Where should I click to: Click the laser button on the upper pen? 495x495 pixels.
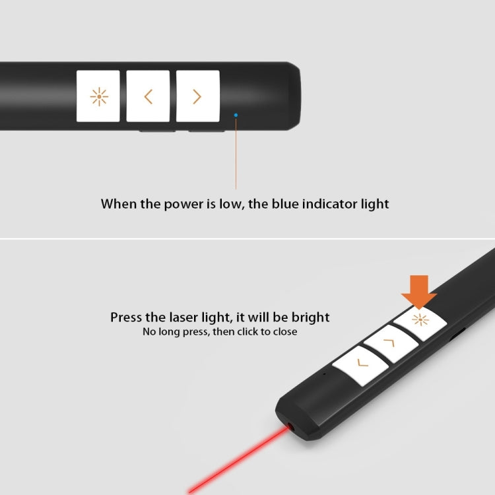98,96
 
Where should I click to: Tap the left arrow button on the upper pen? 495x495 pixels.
148,96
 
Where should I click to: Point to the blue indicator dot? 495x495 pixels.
236,115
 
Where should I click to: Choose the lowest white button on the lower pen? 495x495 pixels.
360,364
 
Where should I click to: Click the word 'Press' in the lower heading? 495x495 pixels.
126,317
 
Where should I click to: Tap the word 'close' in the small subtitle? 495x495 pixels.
283,332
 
